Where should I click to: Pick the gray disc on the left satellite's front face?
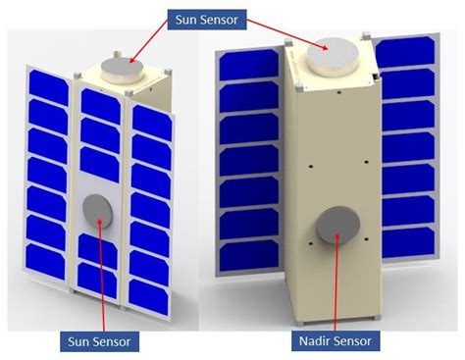coord(100,210)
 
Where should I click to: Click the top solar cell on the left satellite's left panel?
coord(46,76)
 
